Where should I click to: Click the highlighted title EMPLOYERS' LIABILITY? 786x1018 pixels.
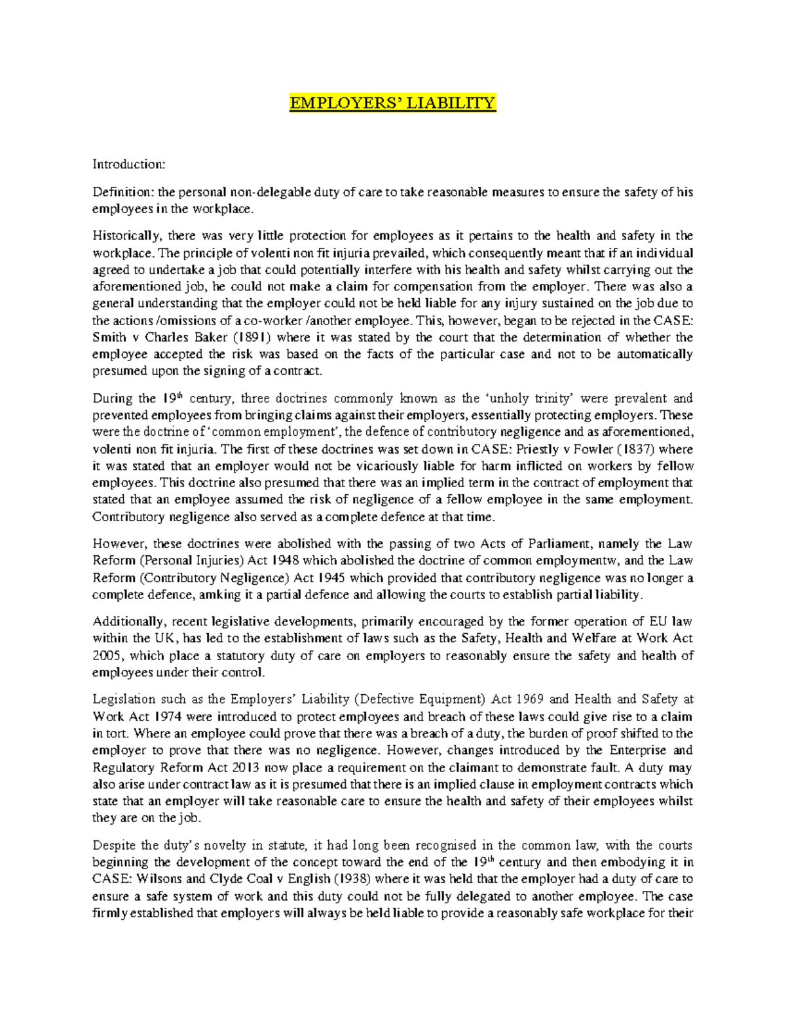click(392, 104)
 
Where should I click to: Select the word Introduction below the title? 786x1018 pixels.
click(128, 164)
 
